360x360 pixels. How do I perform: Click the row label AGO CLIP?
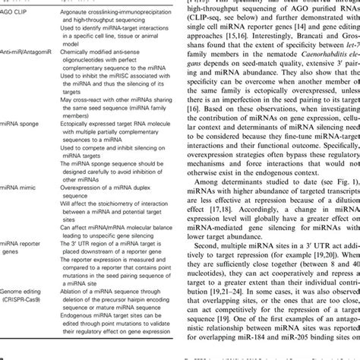pos(19,14)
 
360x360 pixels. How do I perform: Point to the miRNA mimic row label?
pos(21,205)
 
